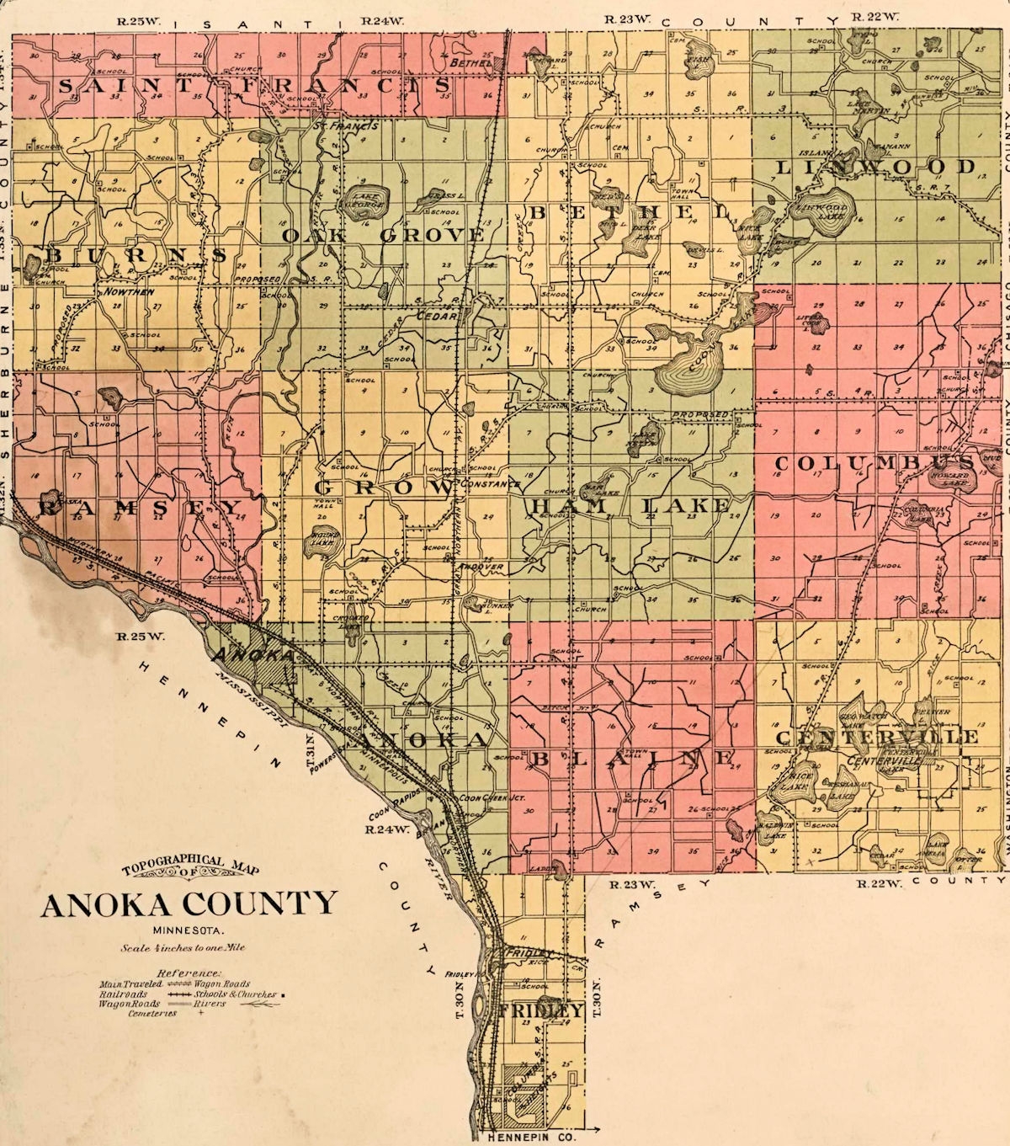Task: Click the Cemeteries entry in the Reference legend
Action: point(152,1014)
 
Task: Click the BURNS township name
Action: point(135,254)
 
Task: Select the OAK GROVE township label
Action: point(383,235)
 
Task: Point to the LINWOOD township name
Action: point(874,167)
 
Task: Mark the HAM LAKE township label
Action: point(628,505)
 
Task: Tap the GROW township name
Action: point(384,488)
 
